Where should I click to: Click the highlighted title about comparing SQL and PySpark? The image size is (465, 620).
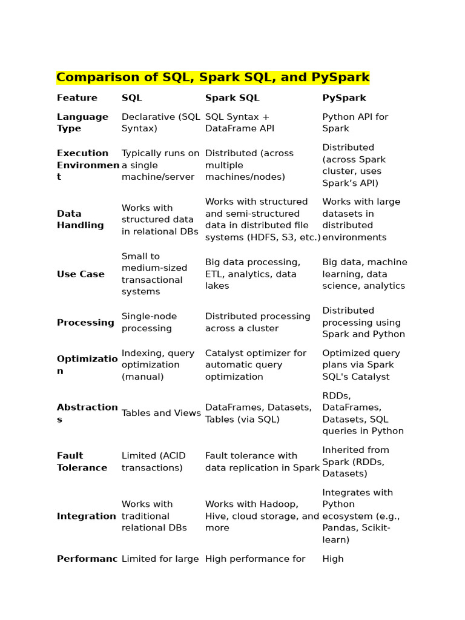click(x=213, y=77)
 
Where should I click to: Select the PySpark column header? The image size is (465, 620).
click(x=344, y=98)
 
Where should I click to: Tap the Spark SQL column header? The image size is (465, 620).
click(x=232, y=98)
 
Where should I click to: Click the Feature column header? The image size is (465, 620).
click(x=77, y=98)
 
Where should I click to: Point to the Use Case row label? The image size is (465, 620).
click(x=81, y=274)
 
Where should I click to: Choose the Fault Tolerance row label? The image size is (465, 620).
click(x=82, y=462)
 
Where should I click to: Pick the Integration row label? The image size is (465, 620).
click(x=86, y=516)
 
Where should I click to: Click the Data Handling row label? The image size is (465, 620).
click(x=80, y=219)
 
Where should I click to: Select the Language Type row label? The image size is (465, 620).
click(x=82, y=123)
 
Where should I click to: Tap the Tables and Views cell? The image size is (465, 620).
click(x=161, y=414)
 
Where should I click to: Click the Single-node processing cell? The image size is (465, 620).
click(x=149, y=323)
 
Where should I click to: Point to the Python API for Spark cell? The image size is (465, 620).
click(x=355, y=123)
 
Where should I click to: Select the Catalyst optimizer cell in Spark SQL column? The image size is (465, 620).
click(x=256, y=365)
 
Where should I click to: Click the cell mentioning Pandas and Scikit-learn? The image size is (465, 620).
click(x=361, y=516)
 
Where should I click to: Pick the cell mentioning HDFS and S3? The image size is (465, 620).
click(x=263, y=220)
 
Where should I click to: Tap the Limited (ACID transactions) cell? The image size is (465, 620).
click(x=154, y=462)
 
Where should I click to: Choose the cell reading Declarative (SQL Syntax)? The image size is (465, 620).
click(x=160, y=123)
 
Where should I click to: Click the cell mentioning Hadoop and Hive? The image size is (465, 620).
click(x=262, y=516)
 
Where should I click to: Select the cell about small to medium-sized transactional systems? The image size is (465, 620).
click(x=154, y=274)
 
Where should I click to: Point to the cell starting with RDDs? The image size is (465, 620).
click(x=363, y=414)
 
